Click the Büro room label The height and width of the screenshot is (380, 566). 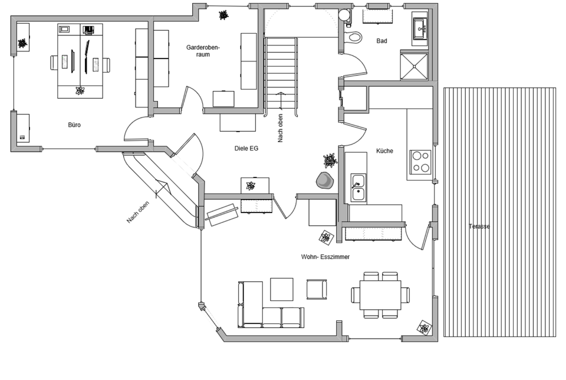pyautogui.click(x=74, y=125)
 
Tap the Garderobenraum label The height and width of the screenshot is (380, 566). pyautogui.click(x=203, y=51)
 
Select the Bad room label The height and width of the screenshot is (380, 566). pyautogui.click(x=381, y=41)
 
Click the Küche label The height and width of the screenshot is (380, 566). pyautogui.click(x=384, y=151)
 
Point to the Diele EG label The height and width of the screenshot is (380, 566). pyautogui.click(x=246, y=149)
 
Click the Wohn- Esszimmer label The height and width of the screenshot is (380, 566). pyautogui.click(x=325, y=257)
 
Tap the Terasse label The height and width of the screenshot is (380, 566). pyautogui.click(x=479, y=227)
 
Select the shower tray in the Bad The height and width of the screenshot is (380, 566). pyautogui.click(x=414, y=67)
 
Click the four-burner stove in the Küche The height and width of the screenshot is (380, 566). pyautogui.click(x=420, y=161)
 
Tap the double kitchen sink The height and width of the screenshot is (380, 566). pyautogui.click(x=358, y=188)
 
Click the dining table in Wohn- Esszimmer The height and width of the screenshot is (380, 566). pyautogui.click(x=380, y=295)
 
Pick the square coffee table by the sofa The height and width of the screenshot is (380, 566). pyautogui.click(x=282, y=289)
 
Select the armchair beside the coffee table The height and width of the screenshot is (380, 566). pyautogui.click(x=317, y=289)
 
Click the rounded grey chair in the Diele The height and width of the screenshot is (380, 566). pyautogui.click(x=324, y=181)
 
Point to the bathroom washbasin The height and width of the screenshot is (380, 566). pyautogui.click(x=420, y=28)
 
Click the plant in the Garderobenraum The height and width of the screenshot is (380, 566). pyautogui.click(x=223, y=15)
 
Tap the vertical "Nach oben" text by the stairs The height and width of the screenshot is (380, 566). pyautogui.click(x=281, y=128)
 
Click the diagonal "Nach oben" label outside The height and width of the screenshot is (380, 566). pyautogui.click(x=138, y=212)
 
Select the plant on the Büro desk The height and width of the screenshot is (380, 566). pyautogui.click(x=80, y=90)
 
